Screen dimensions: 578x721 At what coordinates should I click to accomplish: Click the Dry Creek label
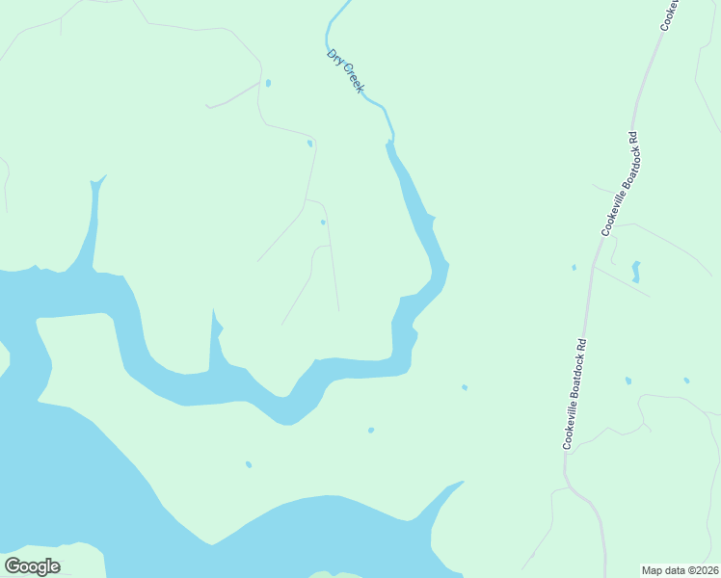(x=345, y=71)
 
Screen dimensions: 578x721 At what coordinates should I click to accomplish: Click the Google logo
(x=33, y=566)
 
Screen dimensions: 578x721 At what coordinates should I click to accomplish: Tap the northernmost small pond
(x=268, y=83)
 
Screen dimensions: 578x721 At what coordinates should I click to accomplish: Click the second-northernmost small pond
(x=309, y=144)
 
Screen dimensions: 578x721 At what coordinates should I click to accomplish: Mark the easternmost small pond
(x=686, y=381)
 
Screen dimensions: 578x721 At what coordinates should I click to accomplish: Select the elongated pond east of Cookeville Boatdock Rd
(x=635, y=271)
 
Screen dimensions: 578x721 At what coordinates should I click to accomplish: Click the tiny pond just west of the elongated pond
(x=574, y=267)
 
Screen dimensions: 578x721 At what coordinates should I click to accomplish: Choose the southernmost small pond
(x=248, y=464)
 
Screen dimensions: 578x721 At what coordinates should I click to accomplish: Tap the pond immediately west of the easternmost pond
(x=628, y=381)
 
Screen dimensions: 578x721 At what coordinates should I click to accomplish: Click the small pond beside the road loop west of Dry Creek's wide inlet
(x=323, y=223)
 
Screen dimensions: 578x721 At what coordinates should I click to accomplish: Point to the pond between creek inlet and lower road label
(x=465, y=387)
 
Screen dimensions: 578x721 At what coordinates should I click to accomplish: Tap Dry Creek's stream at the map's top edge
(x=344, y=3)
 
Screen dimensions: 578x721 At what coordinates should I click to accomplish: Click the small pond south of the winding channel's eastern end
(x=371, y=430)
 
